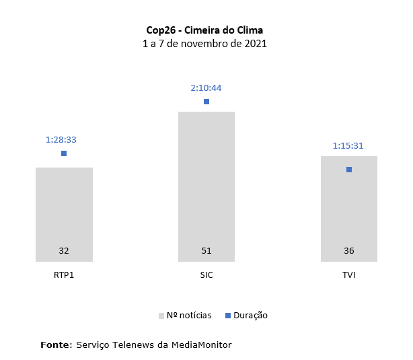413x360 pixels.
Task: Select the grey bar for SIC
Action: tap(206, 186)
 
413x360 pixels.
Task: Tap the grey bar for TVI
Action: tap(349, 209)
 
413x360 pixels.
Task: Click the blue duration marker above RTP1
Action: tap(64, 153)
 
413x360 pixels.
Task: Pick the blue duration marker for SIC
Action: tap(206, 102)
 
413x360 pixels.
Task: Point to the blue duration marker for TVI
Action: tap(349, 170)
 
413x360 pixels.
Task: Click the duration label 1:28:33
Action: tap(61, 140)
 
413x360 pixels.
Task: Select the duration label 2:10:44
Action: tap(206, 87)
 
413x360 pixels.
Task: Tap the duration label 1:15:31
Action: tap(348, 145)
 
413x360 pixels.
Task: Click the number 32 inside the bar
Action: tap(64, 251)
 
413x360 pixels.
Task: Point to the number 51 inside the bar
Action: tap(206, 251)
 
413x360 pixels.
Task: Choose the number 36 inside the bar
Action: tap(349, 251)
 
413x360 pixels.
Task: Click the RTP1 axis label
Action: tap(64, 275)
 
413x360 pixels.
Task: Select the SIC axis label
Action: tap(206, 275)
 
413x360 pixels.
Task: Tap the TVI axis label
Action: tap(349, 275)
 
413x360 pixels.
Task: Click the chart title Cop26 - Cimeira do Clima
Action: tap(205, 30)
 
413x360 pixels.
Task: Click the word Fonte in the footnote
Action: tap(56, 345)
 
